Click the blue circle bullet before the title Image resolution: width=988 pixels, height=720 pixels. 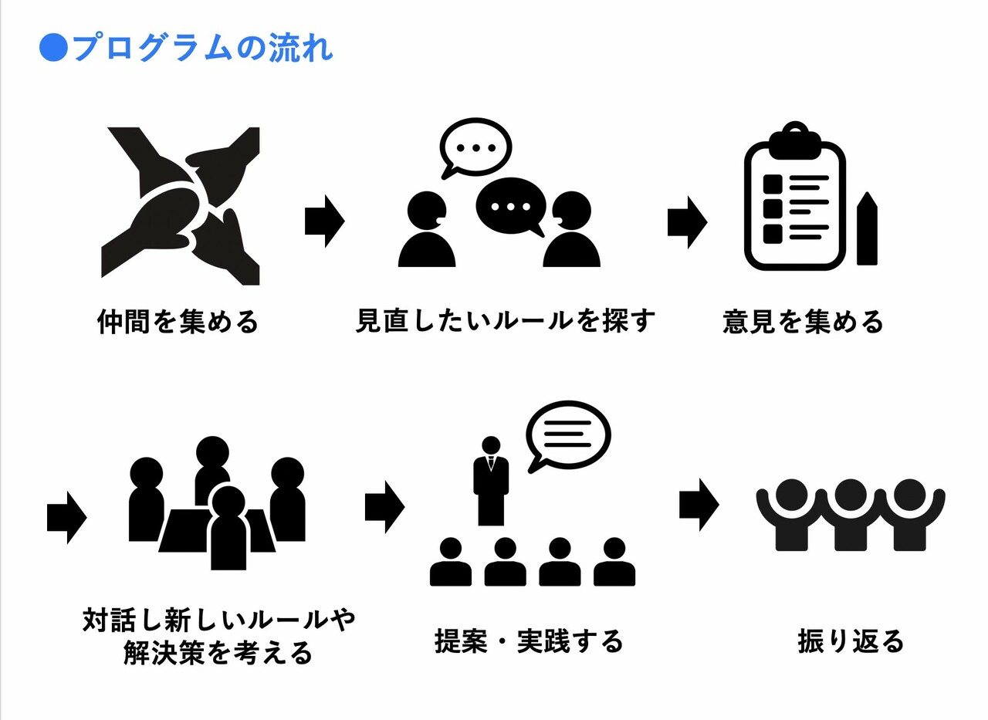pos(53,48)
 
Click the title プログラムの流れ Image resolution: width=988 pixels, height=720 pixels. pos(201,48)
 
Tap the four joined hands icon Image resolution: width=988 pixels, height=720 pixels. pos(181,206)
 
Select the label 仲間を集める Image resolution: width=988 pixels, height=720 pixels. pos(178,322)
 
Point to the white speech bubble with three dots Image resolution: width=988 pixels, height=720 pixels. pos(475,147)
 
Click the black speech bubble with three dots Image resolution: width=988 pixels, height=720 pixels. pos(510,207)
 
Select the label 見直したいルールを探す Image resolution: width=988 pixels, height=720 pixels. pos(505,320)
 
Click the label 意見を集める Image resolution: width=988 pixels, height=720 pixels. pos(804,322)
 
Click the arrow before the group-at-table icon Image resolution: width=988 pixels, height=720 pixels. pos(66,517)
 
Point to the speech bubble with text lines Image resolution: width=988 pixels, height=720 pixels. pos(567,435)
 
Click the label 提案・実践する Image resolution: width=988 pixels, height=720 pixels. pos(529,641)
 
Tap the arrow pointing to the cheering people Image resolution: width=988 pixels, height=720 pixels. pos(699,505)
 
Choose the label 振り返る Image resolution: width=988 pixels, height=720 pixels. pos(851,641)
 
